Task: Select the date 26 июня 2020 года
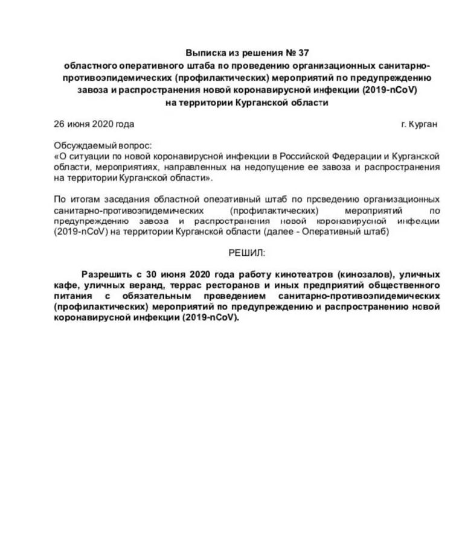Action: (94, 124)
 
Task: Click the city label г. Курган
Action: (419, 124)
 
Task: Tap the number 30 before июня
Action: (152, 273)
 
